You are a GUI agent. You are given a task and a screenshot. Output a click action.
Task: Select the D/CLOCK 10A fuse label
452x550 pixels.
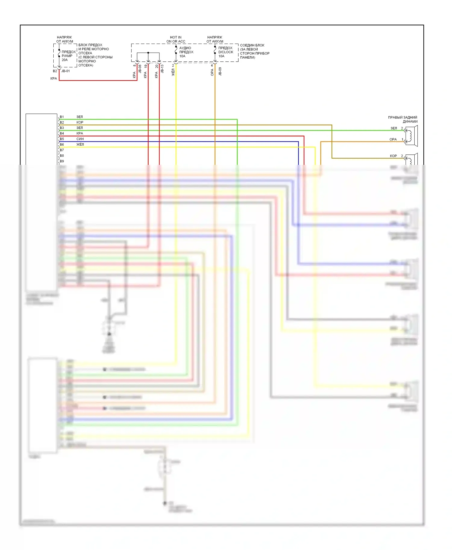[225, 52]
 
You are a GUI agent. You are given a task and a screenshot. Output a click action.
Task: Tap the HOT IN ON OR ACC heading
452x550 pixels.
[176, 39]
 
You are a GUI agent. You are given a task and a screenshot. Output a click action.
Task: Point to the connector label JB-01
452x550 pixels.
[65, 71]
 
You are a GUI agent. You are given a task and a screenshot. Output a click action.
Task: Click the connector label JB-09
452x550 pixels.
[220, 71]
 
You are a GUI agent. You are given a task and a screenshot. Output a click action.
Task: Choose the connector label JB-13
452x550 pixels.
[162, 69]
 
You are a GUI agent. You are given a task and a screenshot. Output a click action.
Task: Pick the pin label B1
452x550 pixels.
[62, 117]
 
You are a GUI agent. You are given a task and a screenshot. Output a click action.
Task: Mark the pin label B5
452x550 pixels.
[62, 139]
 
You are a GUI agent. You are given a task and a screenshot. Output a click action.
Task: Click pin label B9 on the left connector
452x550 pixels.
[62, 161]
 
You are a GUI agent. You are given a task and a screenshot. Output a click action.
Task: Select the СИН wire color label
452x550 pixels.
[80, 139]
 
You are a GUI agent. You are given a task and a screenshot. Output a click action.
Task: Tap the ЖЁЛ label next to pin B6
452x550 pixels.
[80, 144]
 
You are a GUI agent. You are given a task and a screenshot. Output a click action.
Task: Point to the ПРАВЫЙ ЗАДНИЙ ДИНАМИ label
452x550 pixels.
[403, 119]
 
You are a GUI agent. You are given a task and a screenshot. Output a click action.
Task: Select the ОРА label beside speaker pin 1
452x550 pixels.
[393, 139]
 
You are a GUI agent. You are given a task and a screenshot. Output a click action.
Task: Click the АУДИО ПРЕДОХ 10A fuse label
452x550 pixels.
[186, 52]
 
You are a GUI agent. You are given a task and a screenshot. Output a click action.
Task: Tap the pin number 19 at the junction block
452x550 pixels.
[146, 66]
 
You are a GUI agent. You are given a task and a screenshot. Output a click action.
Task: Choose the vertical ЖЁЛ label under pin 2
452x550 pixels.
[173, 73]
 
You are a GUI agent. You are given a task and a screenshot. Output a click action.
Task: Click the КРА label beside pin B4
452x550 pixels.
[80, 133]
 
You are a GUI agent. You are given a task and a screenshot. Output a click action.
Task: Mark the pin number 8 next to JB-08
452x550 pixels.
[134, 66]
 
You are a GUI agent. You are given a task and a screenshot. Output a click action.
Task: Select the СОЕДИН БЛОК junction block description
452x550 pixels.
[254, 51]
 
